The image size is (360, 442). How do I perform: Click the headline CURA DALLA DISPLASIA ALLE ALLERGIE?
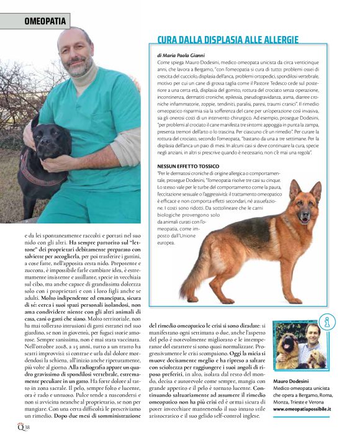(228, 40)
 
